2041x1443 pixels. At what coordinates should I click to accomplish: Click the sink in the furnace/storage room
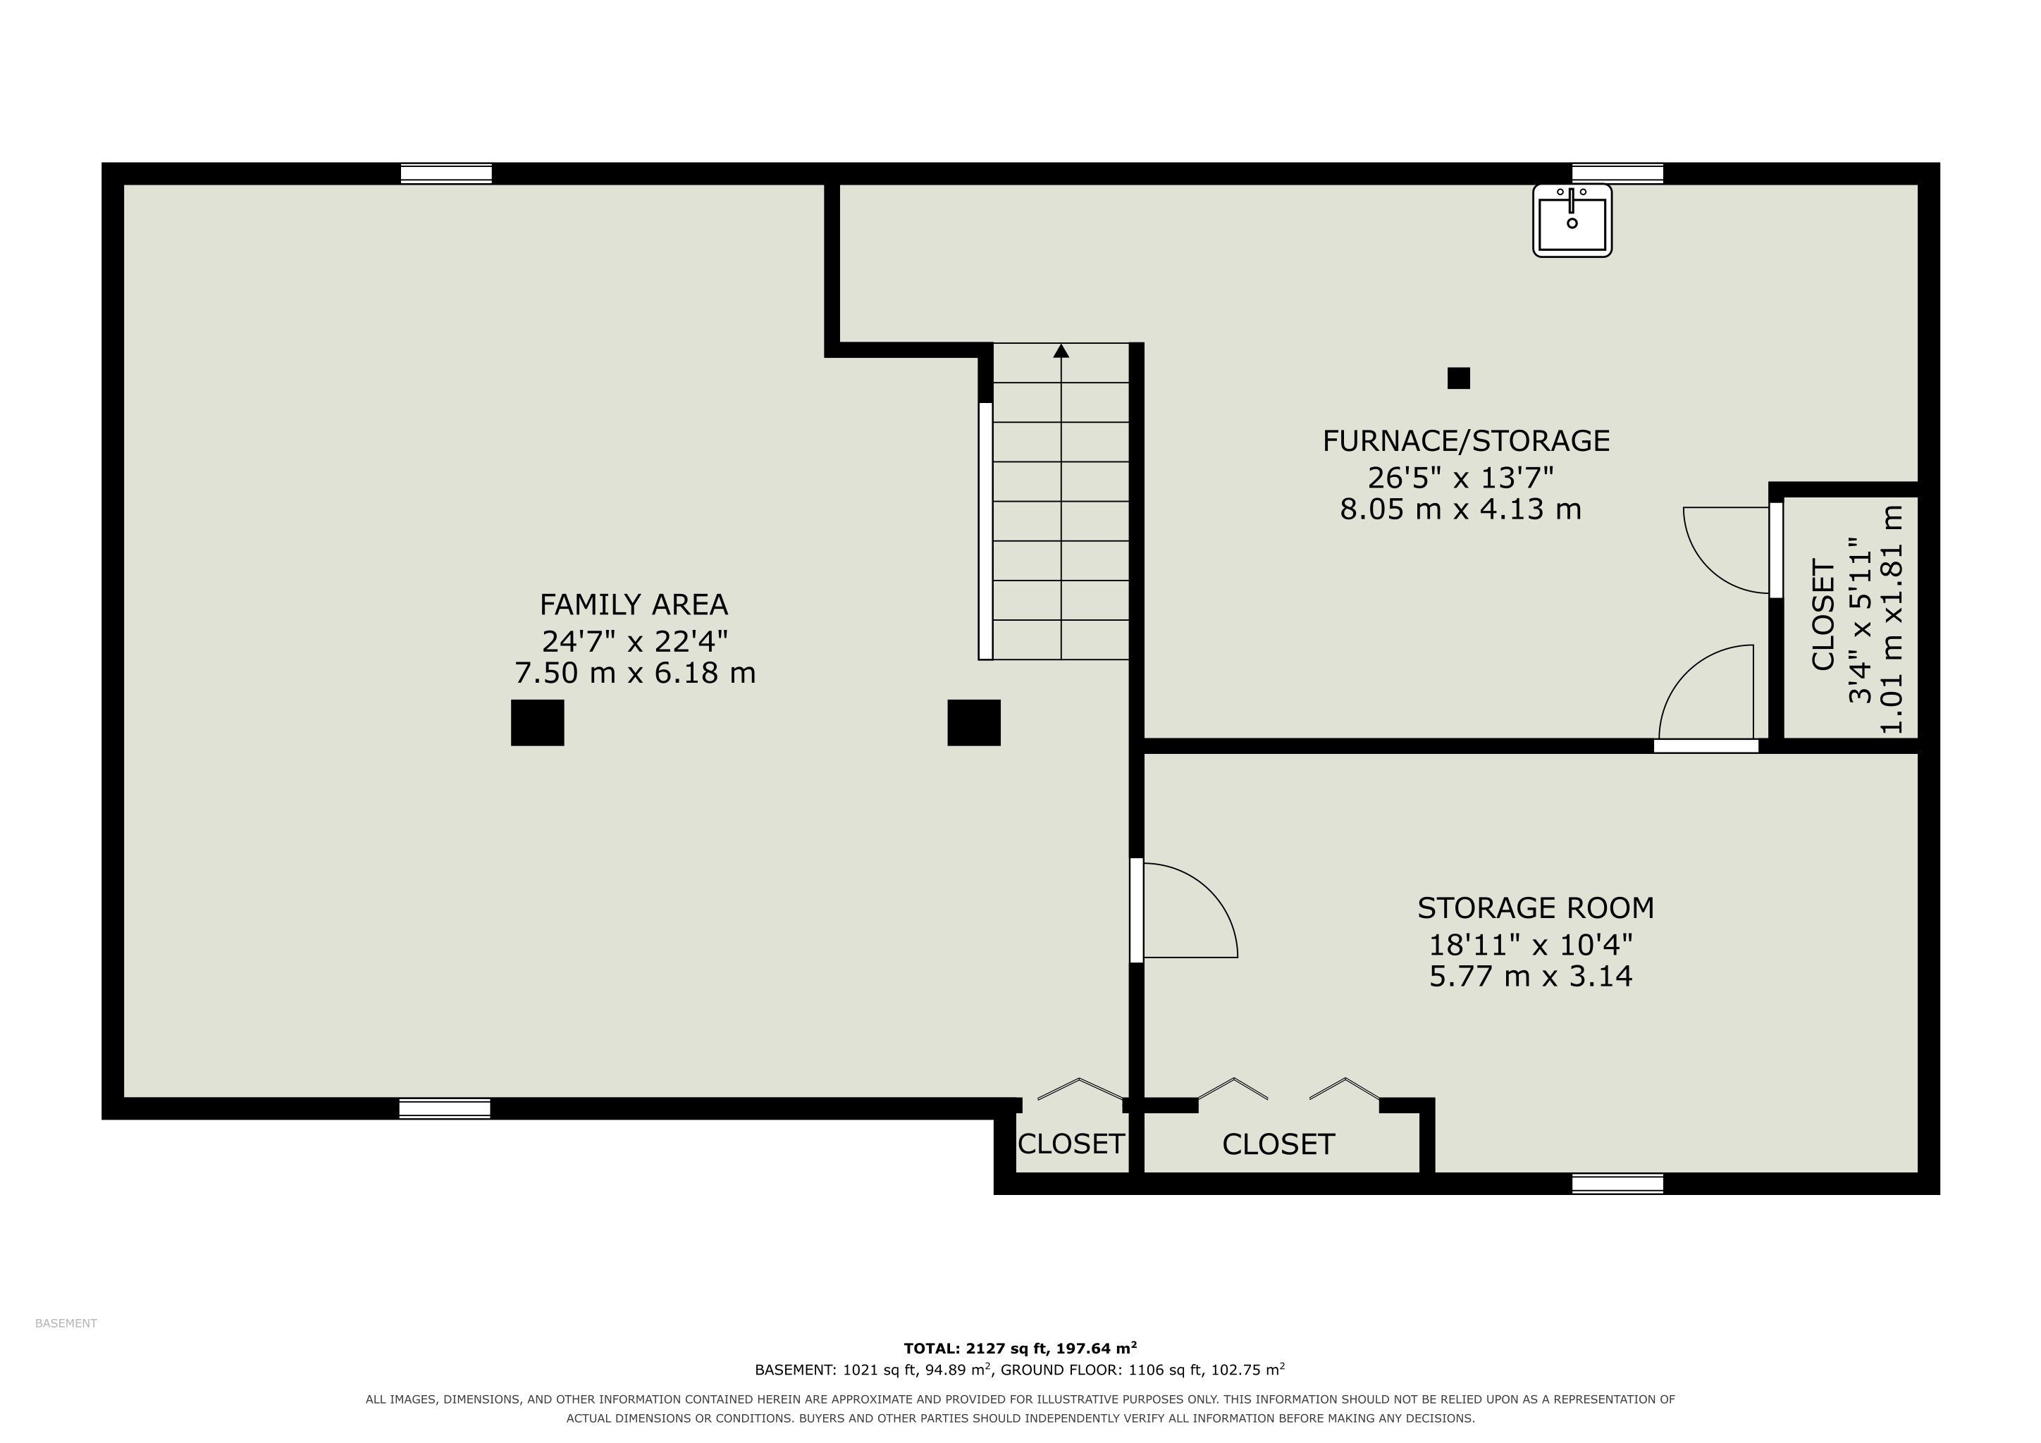1572,221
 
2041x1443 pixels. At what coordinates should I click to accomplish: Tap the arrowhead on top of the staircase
1061,351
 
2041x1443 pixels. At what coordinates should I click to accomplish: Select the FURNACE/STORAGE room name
1466,440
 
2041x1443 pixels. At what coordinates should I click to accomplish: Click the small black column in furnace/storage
1459,378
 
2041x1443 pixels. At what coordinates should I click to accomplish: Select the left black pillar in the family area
538,722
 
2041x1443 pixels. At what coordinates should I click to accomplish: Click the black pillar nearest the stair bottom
974,722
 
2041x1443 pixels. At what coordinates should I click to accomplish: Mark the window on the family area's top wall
446,174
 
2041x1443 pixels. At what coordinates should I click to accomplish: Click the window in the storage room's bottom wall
1618,1184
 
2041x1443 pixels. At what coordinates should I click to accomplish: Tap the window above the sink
1618,174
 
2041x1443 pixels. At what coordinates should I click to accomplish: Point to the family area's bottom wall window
445,1109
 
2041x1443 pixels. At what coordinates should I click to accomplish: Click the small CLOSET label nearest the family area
1071,1144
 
